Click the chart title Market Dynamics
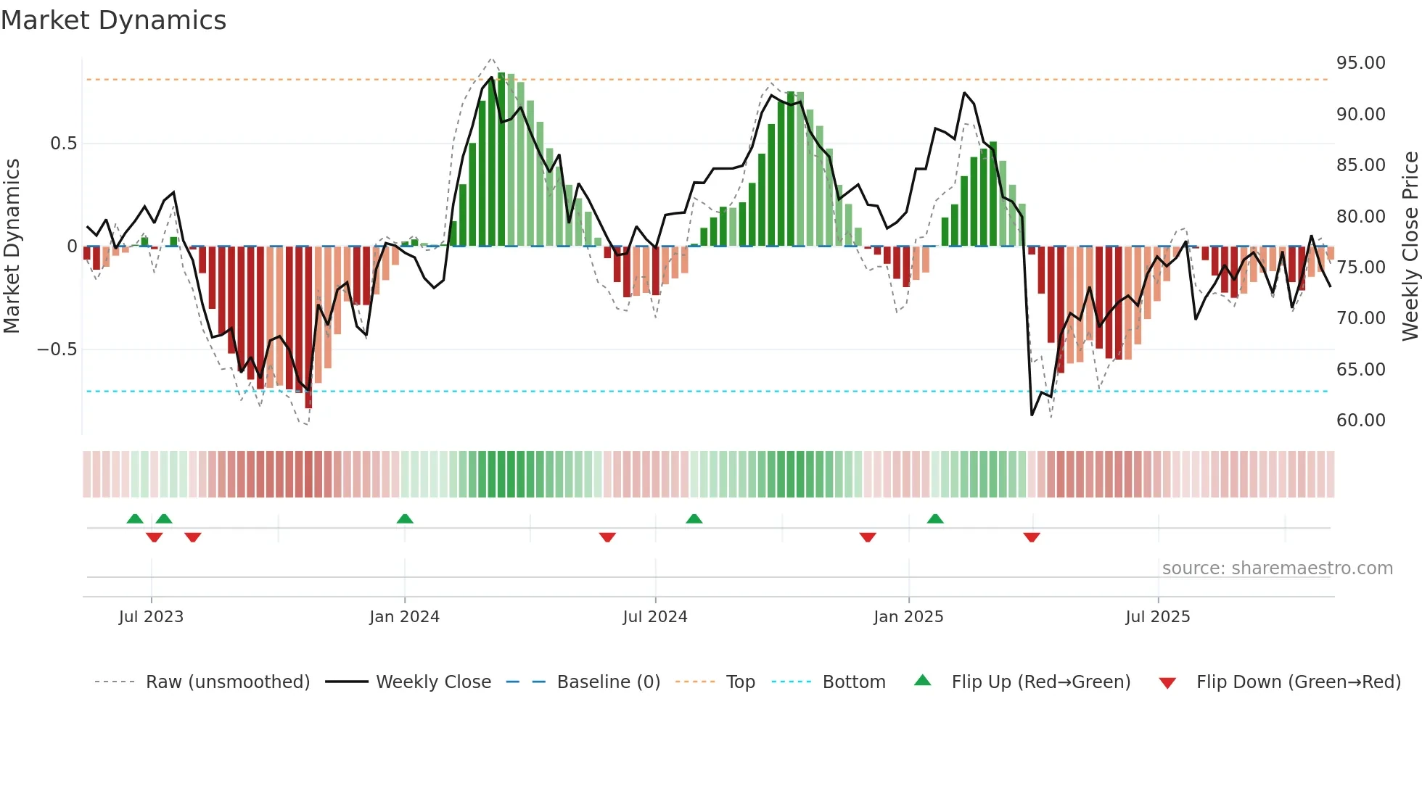pyautogui.click(x=114, y=20)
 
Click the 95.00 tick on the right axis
pyautogui.click(x=1360, y=63)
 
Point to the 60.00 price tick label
pyautogui.click(x=1360, y=421)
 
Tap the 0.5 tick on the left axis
pyautogui.click(x=63, y=144)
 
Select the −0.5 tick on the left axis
pyautogui.click(x=57, y=349)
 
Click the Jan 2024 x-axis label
pyautogui.click(x=404, y=617)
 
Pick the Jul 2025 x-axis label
pyautogui.click(x=1157, y=617)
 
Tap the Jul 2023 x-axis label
pyautogui.click(x=151, y=617)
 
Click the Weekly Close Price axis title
pyautogui.click(x=1410, y=247)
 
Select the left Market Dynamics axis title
pyautogui.click(x=12, y=247)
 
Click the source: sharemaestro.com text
pyautogui.click(x=1277, y=568)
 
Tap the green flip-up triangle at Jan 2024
pyautogui.click(x=405, y=518)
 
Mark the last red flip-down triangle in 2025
pyautogui.click(x=1032, y=537)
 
